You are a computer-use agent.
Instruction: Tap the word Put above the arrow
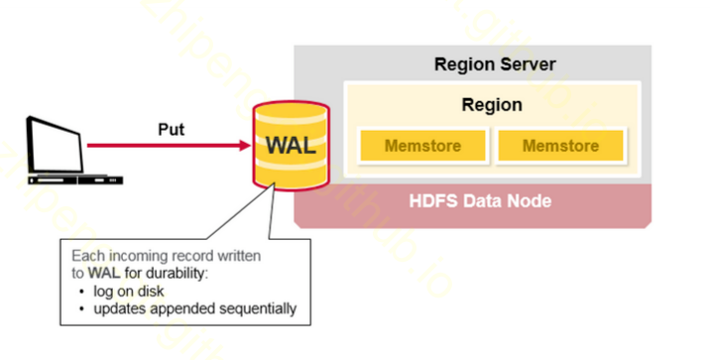coord(172,129)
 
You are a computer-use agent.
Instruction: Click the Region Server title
coord(495,65)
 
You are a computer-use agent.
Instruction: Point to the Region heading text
coord(492,104)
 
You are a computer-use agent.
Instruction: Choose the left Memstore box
coord(423,146)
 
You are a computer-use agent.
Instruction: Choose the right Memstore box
coord(560,146)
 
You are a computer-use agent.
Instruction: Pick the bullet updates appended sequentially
coord(194,307)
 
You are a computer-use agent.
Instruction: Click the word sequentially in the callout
coord(259,307)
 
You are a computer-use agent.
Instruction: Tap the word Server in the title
coord(530,65)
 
